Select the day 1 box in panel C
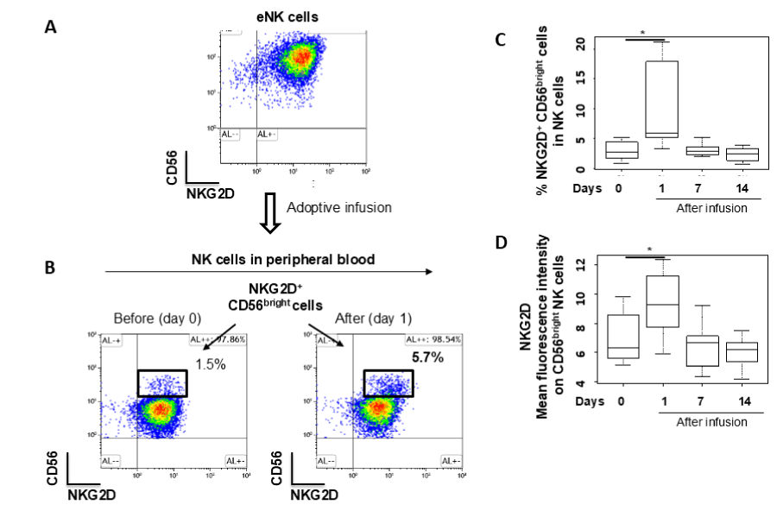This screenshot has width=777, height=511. pos(662,98)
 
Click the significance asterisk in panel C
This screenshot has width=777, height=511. pos(641,33)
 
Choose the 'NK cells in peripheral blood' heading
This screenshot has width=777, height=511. pos(269,259)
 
